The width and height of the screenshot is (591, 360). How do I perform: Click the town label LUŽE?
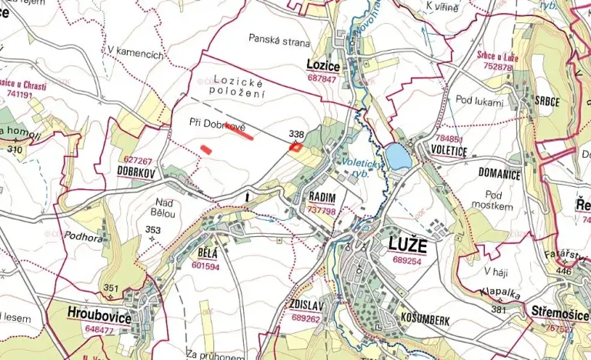pyautogui.click(x=405, y=248)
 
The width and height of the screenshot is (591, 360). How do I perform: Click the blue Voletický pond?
pyautogui.click(x=398, y=157)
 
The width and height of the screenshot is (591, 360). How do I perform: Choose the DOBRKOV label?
pyautogui.click(x=137, y=173)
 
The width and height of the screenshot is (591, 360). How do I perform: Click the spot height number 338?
pyautogui.click(x=295, y=132)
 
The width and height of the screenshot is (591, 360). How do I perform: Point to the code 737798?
pyautogui.click(x=322, y=210)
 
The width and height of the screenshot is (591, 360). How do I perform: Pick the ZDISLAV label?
pyautogui.click(x=306, y=305)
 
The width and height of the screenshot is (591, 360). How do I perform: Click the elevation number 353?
pyautogui.click(x=152, y=230)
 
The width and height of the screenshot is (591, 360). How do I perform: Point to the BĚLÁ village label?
pyautogui.click(x=208, y=255)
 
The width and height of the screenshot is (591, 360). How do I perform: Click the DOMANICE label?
pyautogui.click(x=499, y=175)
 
